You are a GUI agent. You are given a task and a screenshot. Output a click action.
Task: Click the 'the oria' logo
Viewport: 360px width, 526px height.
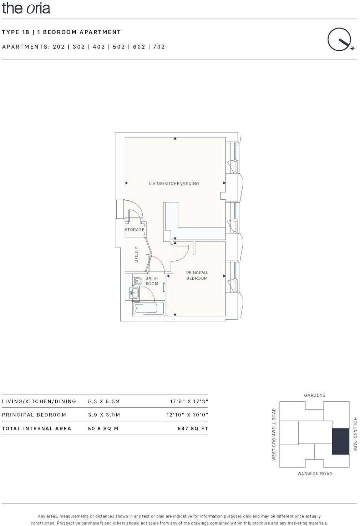[26, 8]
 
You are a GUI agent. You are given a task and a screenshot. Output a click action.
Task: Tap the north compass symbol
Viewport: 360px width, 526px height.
[340, 40]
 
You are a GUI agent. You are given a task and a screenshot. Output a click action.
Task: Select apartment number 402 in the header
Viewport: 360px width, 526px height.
[99, 47]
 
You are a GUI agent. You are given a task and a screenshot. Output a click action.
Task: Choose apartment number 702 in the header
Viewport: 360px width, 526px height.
[159, 47]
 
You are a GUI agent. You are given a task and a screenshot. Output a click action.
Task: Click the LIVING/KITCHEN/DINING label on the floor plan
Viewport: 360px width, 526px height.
[174, 184]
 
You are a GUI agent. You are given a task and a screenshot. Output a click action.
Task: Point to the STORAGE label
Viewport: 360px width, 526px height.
[135, 230]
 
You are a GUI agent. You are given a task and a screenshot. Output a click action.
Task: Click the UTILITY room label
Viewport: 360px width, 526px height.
[136, 255]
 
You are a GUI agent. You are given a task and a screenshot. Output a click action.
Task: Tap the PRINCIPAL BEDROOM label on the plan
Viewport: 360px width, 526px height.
[197, 275]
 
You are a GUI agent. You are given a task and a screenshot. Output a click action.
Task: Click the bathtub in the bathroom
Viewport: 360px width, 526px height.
[149, 309]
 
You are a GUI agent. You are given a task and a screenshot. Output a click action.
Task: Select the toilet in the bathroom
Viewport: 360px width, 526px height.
[137, 281]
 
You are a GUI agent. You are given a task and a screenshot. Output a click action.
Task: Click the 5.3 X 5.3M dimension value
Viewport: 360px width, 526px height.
[104, 401]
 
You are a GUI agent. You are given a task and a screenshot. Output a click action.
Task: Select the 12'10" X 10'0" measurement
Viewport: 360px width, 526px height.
[187, 415]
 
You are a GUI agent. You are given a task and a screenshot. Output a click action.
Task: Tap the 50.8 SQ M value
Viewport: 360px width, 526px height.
[103, 429]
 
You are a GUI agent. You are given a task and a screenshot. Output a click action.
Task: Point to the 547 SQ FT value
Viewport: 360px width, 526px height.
[193, 429]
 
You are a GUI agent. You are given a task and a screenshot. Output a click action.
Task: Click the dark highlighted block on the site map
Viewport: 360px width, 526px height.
[340, 441]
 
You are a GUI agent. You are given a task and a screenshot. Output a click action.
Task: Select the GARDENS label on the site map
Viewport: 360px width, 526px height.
[315, 395]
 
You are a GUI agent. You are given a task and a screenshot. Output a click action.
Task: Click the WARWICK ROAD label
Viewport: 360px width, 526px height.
[315, 474]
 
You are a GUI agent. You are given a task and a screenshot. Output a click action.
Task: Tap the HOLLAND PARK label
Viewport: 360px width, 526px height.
[355, 434]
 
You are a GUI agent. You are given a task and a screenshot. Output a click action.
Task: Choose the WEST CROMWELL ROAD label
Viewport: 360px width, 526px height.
[274, 434]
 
